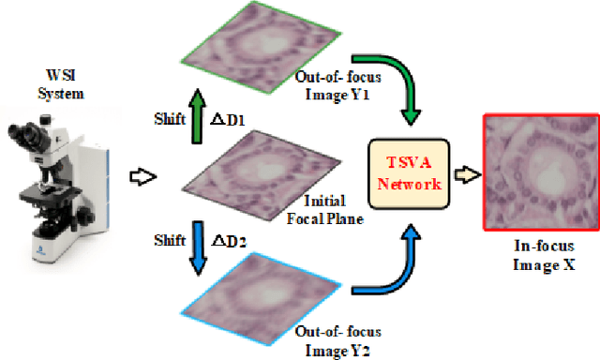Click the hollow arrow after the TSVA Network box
click(465, 172)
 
